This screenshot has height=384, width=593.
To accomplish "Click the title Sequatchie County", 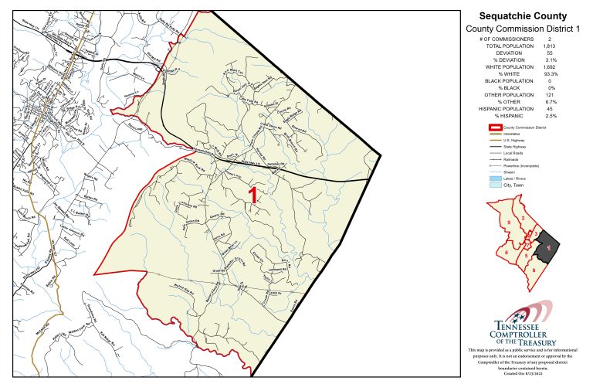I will (x=523, y=15).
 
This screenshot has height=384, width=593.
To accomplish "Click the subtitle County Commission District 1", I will (x=523, y=28).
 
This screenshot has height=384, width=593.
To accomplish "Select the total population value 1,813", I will (x=549, y=46).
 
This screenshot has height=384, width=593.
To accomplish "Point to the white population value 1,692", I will (x=549, y=67).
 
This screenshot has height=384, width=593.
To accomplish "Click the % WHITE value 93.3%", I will (x=550, y=74).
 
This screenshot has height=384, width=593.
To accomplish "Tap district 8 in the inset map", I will (x=534, y=270).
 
